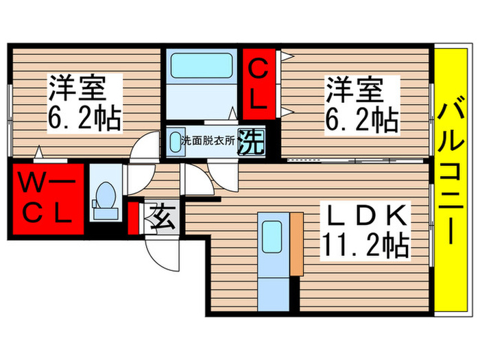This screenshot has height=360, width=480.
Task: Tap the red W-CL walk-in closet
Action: [x=47, y=198]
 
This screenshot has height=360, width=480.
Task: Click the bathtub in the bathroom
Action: [x=202, y=67]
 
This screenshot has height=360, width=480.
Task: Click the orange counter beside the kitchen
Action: [x=297, y=243]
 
